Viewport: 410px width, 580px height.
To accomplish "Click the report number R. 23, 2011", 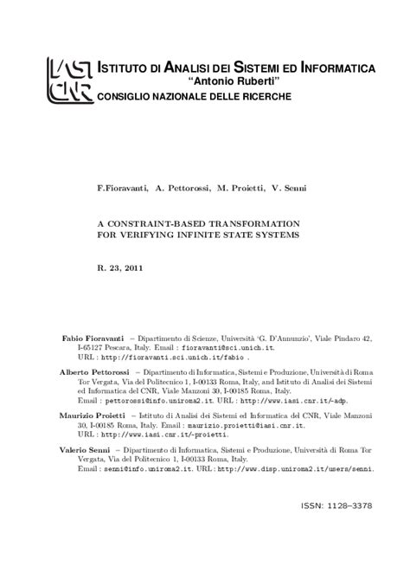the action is click(x=119, y=268).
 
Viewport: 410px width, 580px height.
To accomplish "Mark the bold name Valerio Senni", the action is click(x=86, y=450).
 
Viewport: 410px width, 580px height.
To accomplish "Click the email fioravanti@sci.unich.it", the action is click(x=226, y=346).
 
